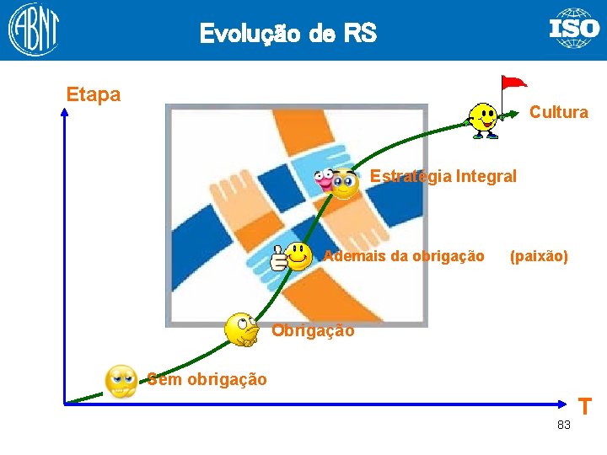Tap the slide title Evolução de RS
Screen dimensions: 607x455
click(287, 34)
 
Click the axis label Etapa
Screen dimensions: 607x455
click(94, 94)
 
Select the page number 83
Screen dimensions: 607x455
click(563, 425)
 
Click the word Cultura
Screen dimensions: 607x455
click(558, 112)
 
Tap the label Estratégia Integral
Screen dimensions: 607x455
click(443, 176)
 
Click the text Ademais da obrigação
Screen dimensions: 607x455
click(405, 255)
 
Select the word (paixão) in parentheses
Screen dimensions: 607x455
click(539, 255)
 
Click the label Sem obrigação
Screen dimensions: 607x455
click(207, 379)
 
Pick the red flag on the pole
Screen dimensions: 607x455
click(513, 83)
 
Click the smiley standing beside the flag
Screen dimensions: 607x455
click(483, 119)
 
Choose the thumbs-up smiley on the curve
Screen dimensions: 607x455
click(291, 255)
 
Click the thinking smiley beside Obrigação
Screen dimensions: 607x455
click(242, 329)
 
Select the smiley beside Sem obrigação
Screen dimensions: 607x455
click(121, 381)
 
